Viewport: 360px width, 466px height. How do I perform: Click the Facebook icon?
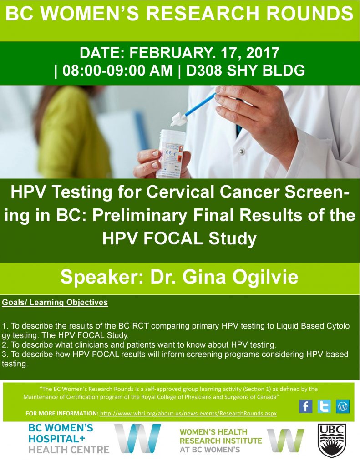pos(306,406)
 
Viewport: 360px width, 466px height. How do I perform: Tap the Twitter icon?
pos(324,406)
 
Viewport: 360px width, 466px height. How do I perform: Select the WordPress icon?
pos(342,406)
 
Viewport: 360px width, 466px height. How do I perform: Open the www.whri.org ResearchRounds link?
pos(188,414)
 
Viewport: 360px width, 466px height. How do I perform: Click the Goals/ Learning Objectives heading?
pos(55,302)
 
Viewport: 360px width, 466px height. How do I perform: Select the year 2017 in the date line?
pos(262,53)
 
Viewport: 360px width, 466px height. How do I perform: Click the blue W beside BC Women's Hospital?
pos(137,438)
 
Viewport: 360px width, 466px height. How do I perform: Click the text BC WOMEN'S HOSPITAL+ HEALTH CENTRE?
pos(68,439)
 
